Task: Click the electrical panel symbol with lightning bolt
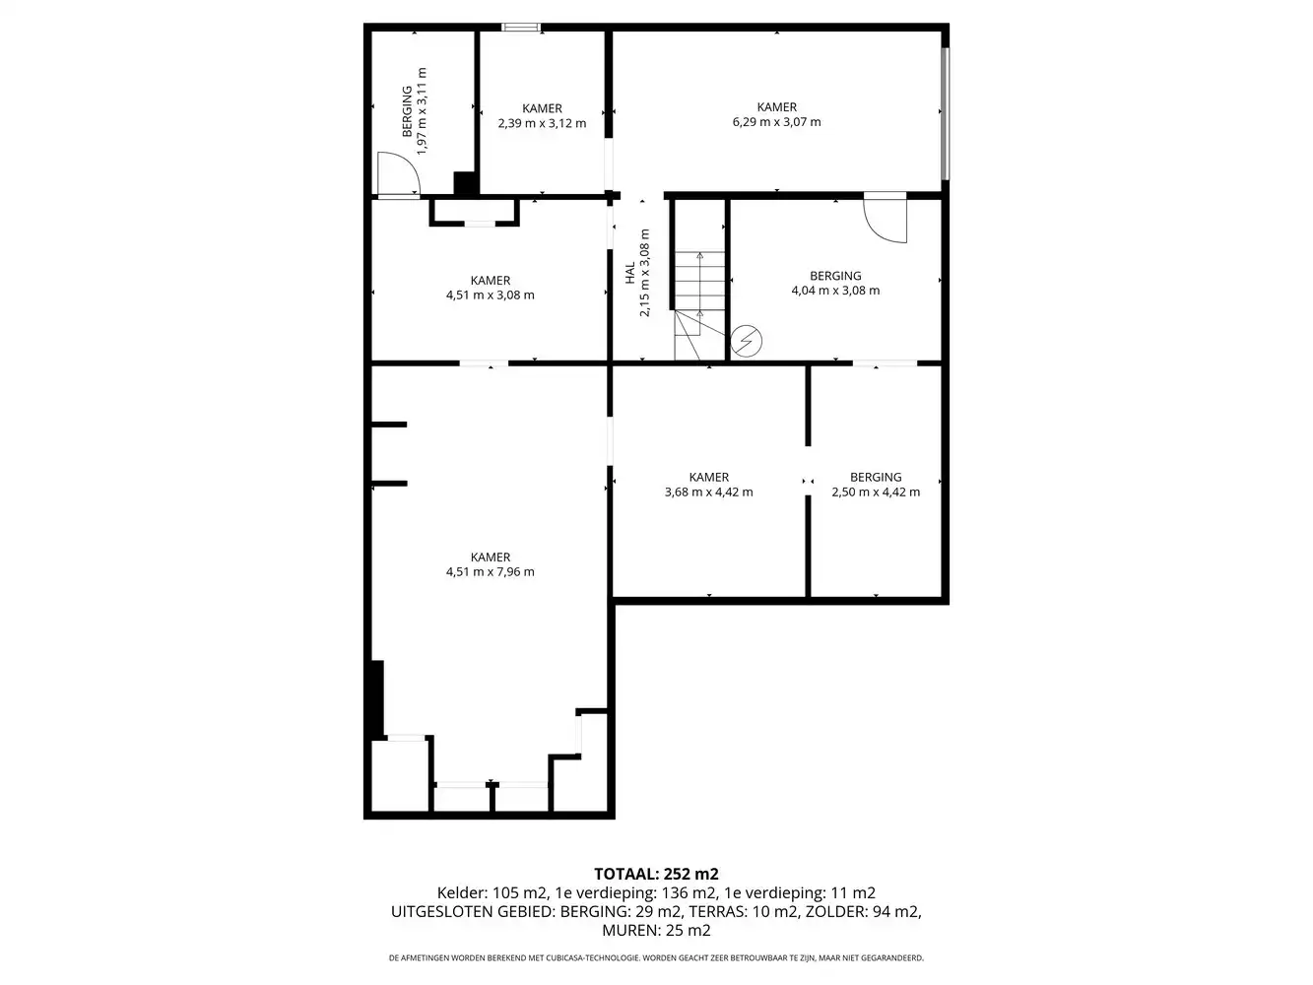(746, 341)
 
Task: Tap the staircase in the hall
(699, 305)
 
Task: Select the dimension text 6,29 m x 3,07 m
(776, 122)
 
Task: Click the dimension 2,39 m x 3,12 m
(542, 123)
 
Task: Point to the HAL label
(629, 273)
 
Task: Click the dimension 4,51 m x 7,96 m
(490, 571)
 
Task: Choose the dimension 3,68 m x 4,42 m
(709, 492)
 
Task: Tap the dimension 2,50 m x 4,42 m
(876, 492)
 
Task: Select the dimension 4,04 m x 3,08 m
(835, 291)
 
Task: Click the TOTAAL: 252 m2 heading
(656, 875)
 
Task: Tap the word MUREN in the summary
(628, 931)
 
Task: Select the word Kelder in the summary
(459, 892)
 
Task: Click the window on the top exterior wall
(521, 27)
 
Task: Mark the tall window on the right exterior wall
(946, 113)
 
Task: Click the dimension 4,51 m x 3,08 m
(490, 295)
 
